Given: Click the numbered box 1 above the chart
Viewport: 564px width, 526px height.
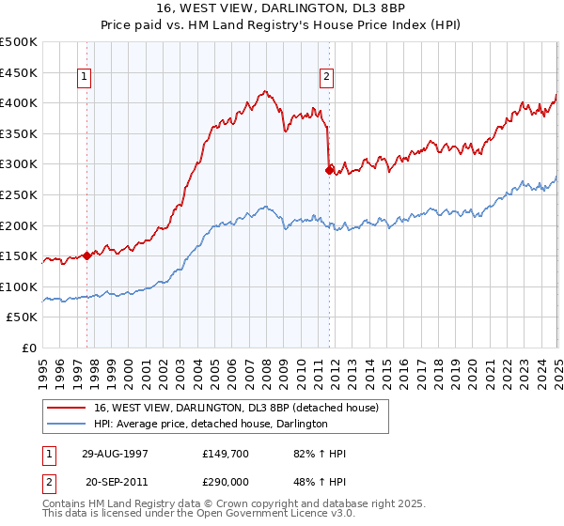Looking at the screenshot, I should (x=85, y=78).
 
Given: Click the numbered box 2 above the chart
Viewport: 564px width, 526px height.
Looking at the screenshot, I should (x=325, y=78).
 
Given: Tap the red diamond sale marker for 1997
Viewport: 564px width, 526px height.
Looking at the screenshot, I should (x=87, y=255).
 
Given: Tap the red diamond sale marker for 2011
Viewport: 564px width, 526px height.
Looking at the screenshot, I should (x=329, y=170).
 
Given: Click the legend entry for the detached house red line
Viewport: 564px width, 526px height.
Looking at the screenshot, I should (x=235, y=408).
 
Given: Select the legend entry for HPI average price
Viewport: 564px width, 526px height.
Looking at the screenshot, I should (x=210, y=425).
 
